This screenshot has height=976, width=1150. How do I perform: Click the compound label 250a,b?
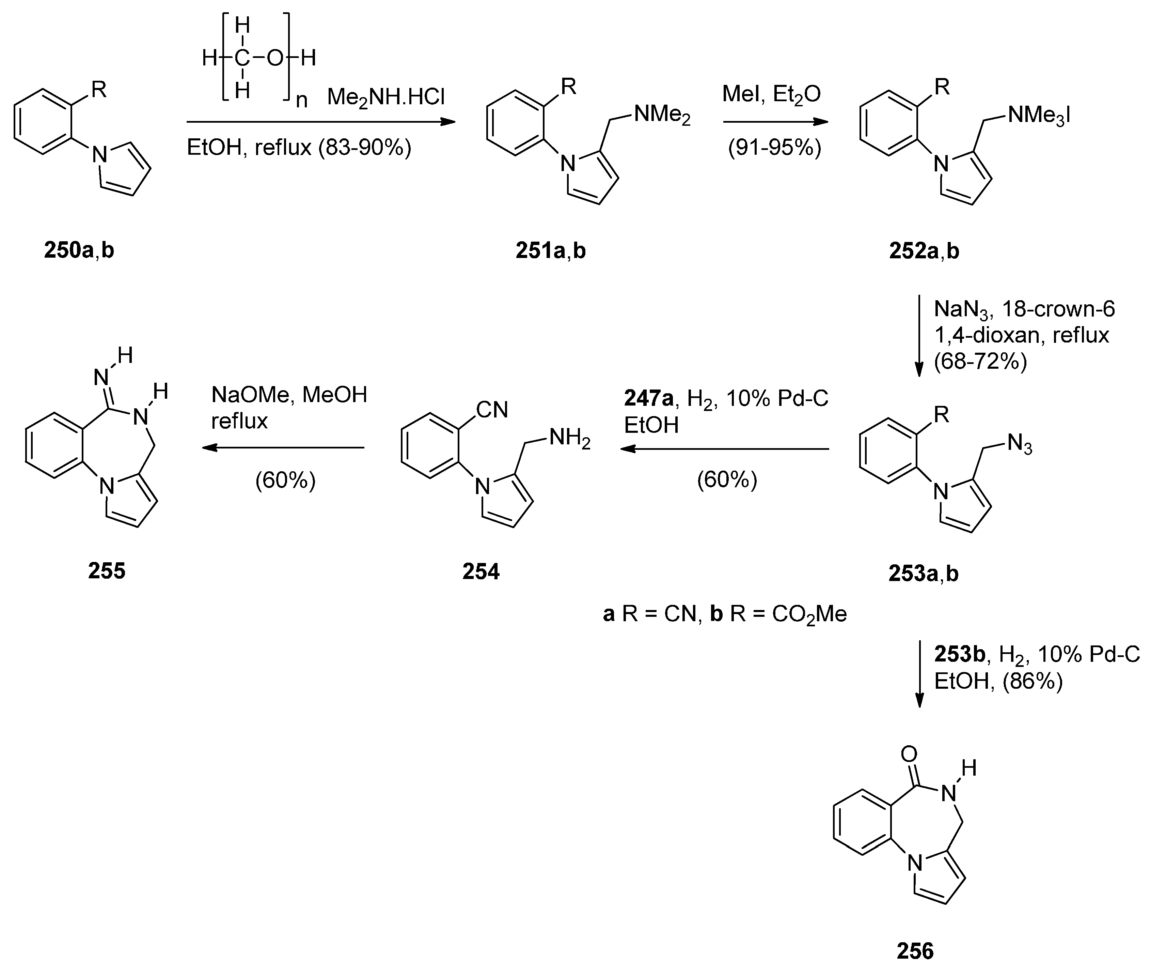point(79,250)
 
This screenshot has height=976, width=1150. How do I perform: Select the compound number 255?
point(107,570)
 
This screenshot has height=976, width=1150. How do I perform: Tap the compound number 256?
point(915,950)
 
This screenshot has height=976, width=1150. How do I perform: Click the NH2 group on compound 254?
point(569,439)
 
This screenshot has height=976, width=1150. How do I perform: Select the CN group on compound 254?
point(491,410)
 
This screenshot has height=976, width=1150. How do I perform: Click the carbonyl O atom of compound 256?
point(909,753)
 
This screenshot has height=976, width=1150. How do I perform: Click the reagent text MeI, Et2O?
point(771,94)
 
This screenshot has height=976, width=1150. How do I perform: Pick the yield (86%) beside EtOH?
point(1033,681)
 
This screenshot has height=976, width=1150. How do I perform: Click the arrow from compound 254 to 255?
point(283,447)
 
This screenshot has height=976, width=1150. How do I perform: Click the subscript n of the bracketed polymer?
point(301,100)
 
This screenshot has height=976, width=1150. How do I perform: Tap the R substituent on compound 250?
point(99,89)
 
